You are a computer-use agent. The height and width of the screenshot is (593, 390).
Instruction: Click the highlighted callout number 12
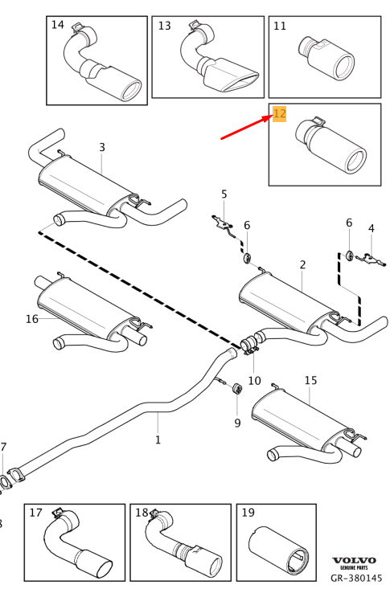[279, 113]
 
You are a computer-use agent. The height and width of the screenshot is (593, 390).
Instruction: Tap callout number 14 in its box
[58, 25]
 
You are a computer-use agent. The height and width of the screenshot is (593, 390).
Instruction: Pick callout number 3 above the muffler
[102, 147]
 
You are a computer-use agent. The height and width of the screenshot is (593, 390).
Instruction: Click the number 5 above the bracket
[224, 194]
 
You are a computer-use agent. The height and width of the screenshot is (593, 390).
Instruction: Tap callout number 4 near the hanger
[371, 228]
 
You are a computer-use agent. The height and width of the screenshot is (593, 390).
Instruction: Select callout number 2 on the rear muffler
[302, 264]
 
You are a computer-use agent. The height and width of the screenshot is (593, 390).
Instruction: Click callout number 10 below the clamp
[254, 380]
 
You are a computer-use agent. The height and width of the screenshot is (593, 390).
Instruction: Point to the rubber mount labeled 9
[237, 390]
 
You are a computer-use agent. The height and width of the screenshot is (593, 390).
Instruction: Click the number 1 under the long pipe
[158, 440]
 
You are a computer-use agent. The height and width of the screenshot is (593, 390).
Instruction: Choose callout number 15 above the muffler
[310, 380]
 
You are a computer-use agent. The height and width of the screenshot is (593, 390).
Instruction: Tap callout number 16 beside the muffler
[31, 319]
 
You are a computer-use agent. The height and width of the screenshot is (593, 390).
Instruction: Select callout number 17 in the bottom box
[35, 513]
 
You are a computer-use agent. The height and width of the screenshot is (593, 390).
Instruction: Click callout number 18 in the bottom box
[142, 513]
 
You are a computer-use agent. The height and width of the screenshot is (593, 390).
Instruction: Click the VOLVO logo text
[354, 560]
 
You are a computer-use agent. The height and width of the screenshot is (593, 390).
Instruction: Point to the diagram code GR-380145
[356, 578]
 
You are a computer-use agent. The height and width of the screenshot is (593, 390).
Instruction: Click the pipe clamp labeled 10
[249, 348]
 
